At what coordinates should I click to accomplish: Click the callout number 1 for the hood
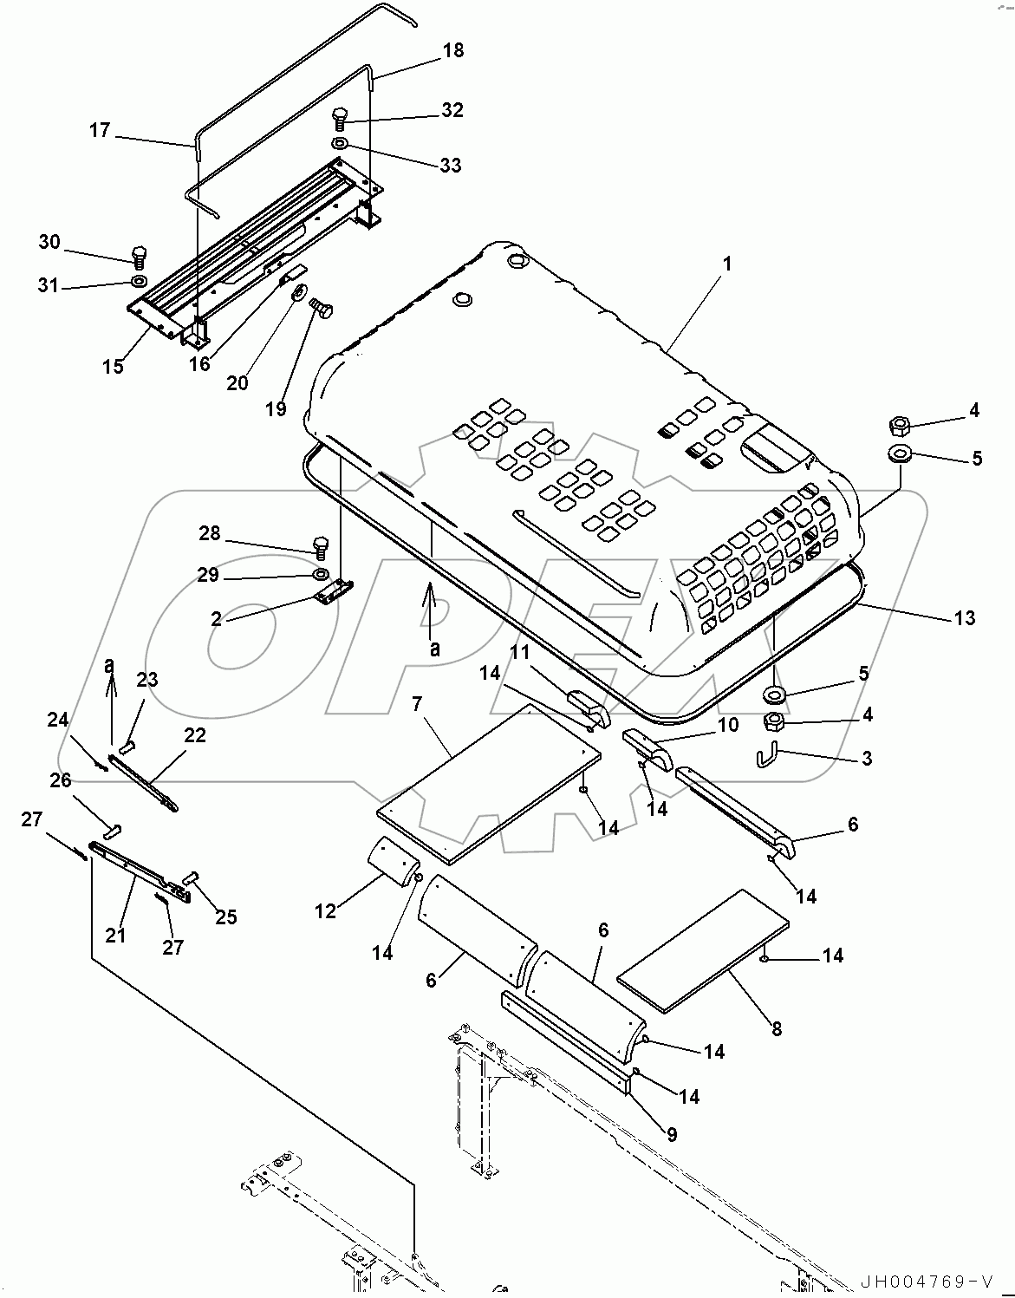point(727,264)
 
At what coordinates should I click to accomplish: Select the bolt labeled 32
point(340,117)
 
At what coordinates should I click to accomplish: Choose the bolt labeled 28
point(320,546)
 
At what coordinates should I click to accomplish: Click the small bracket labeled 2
point(332,591)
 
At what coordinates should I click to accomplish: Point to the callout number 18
point(453,50)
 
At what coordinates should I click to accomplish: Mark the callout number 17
point(100,130)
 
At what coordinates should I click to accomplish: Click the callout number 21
point(115,935)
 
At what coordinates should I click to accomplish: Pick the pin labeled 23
point(128,744)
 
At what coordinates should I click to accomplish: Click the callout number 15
point(112,366)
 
